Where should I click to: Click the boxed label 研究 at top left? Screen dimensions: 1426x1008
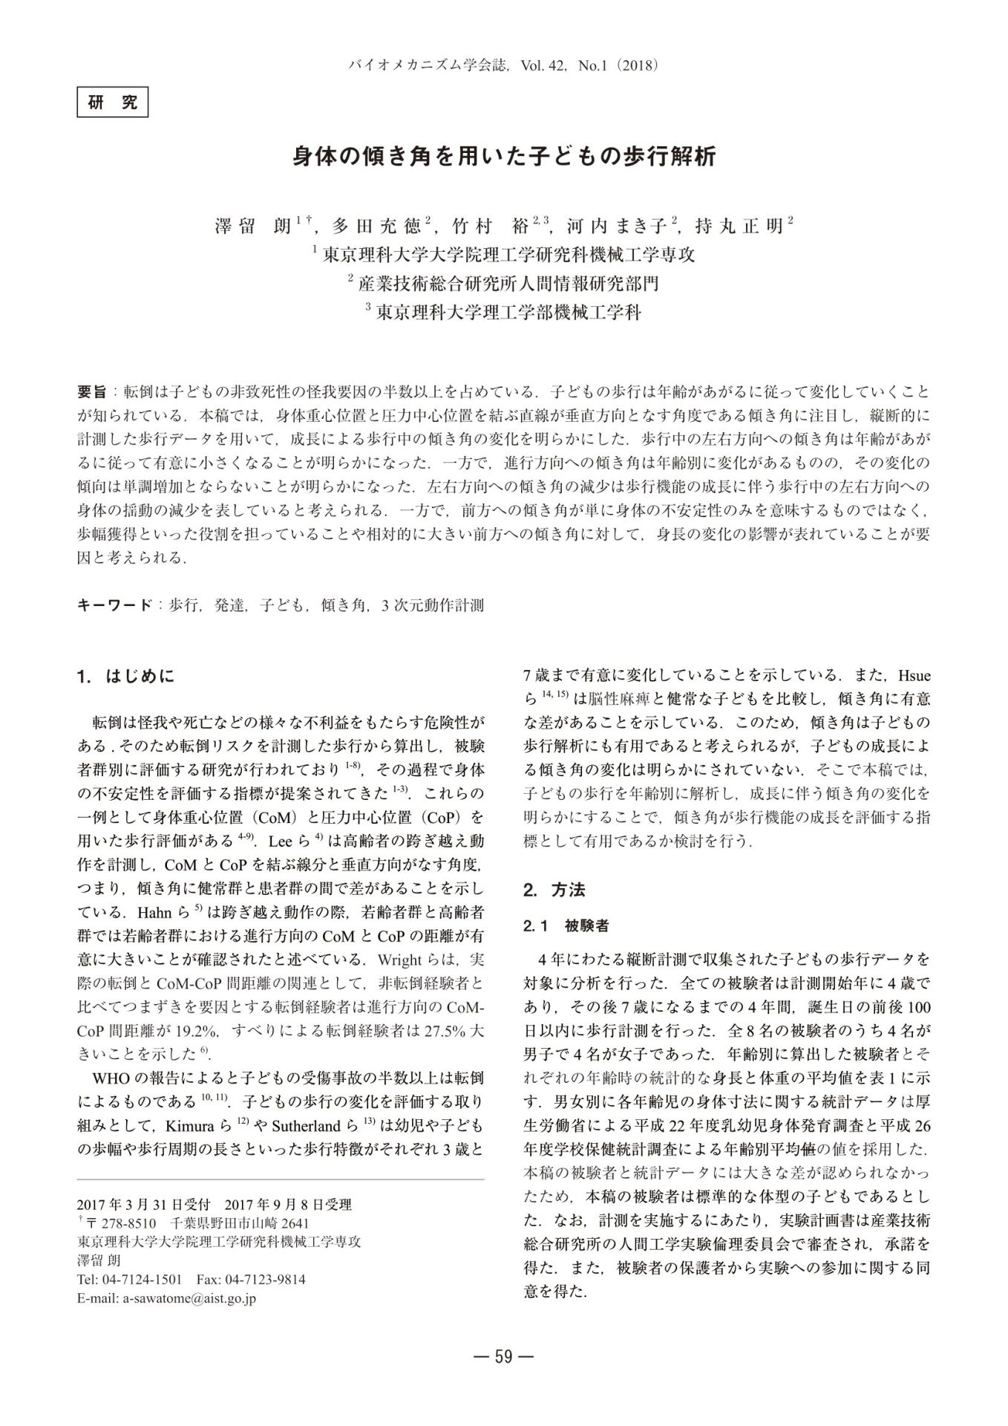(113, 102)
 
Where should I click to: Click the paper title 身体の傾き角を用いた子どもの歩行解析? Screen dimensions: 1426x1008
(503, 157)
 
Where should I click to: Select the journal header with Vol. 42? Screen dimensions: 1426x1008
(503, 65)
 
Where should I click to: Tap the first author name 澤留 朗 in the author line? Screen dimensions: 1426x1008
(252, 226)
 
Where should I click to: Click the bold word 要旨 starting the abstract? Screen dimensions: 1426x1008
(92, 391)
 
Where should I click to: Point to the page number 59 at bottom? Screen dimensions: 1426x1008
(503, 1357)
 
